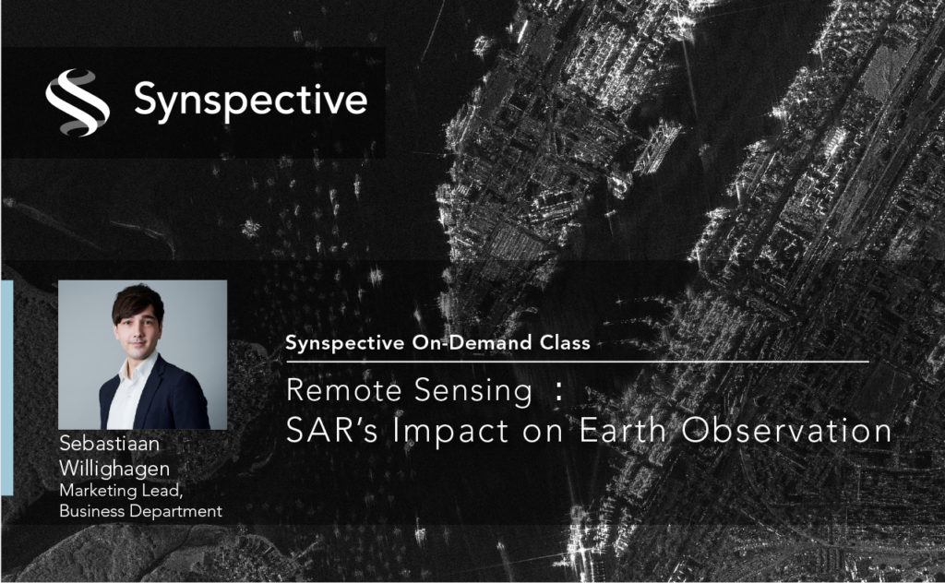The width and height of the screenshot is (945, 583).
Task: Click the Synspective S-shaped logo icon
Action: pos(78,101)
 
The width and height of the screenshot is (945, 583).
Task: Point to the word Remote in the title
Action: pos(344,389)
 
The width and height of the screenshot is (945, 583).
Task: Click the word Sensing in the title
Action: pos(473,391)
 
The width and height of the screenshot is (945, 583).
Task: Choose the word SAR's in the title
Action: pos(332,430)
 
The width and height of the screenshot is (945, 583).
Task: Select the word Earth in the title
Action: pos(623,430)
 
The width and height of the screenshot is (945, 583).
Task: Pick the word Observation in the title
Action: pos(786,430)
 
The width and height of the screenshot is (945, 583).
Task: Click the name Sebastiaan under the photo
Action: pos(110,444)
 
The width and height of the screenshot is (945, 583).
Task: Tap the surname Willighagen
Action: pos(114,470)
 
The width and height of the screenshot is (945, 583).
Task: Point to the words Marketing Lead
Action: pos(121,491)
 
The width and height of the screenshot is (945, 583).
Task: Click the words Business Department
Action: pos(140,511)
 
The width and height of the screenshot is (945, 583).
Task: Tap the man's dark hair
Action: pos(138,301)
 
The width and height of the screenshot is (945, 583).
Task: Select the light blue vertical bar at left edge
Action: pos(6,387)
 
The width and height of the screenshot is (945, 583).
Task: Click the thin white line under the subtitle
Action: pos(578,362)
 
